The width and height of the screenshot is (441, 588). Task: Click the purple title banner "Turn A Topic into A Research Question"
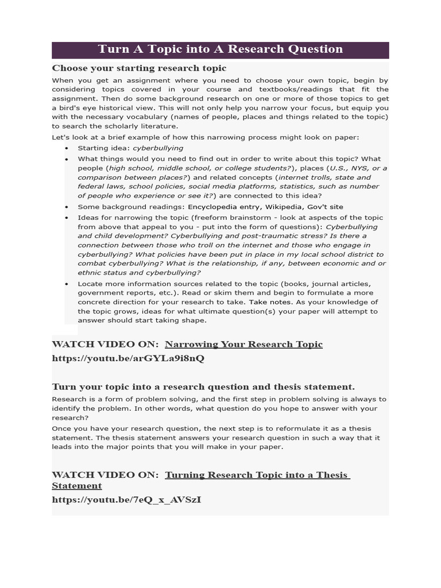[220, 49]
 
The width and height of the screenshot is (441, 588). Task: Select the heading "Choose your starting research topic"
[139, 68]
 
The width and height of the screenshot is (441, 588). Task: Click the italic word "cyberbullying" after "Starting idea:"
[158, 148]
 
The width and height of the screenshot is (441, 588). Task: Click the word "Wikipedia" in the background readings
[282, 207]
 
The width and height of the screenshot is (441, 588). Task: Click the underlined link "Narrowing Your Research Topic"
[243, 345]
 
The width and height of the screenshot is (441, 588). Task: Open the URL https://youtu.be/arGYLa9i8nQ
[128, 358]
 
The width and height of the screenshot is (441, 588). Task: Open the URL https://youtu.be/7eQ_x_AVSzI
[126, 500]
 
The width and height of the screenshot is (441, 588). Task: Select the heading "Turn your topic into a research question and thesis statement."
[203, 386]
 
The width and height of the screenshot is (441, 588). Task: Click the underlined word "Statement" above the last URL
[77, 486]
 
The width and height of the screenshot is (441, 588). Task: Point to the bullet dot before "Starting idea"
[67, 148]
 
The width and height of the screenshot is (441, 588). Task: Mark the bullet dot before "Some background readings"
[67, 207]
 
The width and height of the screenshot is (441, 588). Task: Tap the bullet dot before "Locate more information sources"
[67, 284]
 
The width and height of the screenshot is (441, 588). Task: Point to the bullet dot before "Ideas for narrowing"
[67, 218]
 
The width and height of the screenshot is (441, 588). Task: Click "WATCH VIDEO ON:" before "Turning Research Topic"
[105, 475]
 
